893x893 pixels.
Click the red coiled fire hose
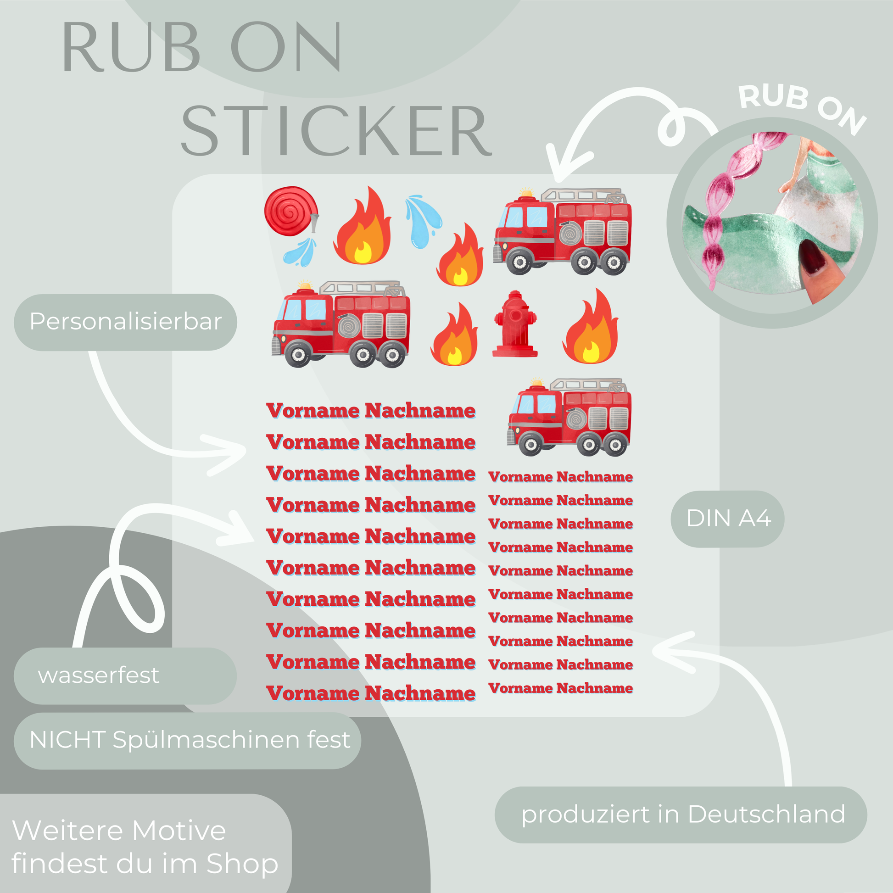[290, 211]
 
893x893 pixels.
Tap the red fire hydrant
[515, 324]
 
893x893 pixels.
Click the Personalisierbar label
[125, 322]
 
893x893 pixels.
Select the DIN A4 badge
[727, 518]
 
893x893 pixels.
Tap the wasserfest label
[99, 675]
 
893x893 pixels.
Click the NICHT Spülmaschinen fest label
[189, 740]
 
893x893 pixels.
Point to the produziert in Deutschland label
[683, 814]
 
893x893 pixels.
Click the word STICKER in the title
[336, 131]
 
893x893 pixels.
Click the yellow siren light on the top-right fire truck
[526, 192]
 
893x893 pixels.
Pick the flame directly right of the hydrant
[591, 329]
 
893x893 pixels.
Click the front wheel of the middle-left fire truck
[298, 355]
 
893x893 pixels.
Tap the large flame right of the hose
[363, 229]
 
